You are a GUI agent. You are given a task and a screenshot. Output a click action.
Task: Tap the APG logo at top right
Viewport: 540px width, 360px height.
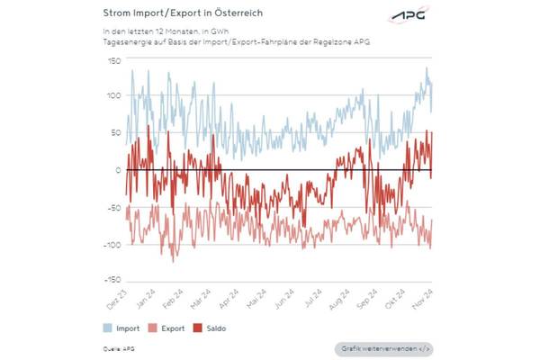tap(410, 14)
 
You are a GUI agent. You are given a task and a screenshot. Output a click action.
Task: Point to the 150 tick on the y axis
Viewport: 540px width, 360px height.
tap(113, 60)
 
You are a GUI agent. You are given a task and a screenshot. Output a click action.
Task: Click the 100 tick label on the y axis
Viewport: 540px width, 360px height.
tap(113, 96)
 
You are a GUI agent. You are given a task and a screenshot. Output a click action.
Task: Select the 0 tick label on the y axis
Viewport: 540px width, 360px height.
tap(117, 170)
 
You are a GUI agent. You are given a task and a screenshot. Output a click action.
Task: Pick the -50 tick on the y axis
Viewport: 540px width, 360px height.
tap(113, 207)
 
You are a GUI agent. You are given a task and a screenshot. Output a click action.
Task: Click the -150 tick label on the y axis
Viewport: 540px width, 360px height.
tap(112, 281)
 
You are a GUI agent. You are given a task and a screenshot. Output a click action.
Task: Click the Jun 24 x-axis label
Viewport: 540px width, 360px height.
tap(284, 298)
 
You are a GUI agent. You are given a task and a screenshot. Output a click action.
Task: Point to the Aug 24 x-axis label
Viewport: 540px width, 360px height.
tap(340, 298)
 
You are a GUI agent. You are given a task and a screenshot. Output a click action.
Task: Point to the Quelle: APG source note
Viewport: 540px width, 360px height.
tap(117, 346)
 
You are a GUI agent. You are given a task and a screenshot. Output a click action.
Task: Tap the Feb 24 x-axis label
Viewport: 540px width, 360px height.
tap(173, 298)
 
